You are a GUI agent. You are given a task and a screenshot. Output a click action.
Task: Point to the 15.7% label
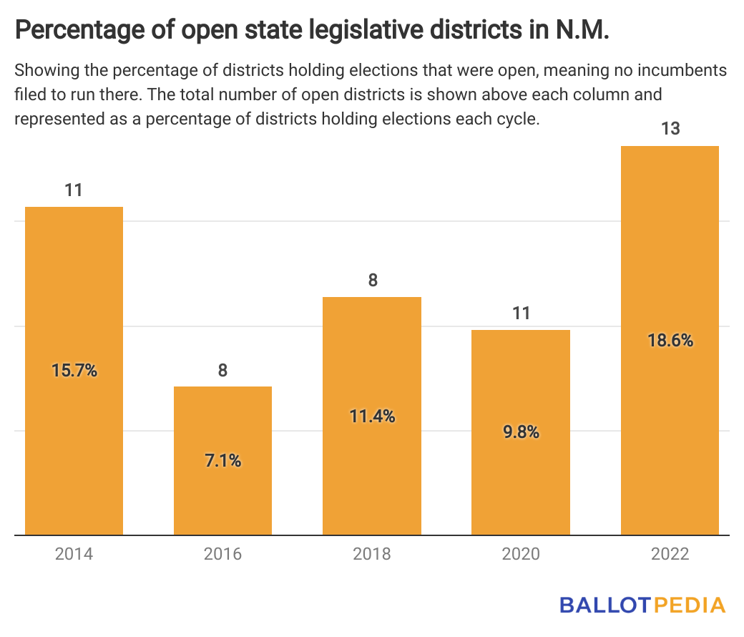click(x=74, y=371)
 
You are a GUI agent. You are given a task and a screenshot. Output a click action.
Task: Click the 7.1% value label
click(x=222, y=461)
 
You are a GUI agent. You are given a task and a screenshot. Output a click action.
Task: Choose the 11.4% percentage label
click(x=372, y=416)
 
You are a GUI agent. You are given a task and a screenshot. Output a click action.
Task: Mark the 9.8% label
click(x=521, y=432)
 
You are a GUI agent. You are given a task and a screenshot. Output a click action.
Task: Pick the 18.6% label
click(x=670, y=341)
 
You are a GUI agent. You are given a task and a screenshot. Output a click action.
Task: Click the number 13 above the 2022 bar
click(x=670, y=130)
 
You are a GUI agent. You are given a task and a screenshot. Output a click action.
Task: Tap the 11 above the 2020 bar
click(x=521, y=313)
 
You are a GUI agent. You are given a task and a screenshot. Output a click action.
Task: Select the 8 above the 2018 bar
click(x=372, y=281)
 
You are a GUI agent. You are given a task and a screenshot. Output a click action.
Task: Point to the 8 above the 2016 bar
click(x=222, y=370)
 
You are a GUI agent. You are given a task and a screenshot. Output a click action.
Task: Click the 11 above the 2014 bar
click(x=74, y=190)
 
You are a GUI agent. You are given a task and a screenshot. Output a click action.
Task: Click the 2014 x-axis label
click(x=74, y=555)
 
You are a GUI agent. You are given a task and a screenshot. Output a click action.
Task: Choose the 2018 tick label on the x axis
click(x=372, y=555)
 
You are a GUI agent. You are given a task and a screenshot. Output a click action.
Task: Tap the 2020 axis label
click(x=521, y=555)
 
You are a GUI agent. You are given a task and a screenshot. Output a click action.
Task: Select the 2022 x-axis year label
click(x=670, y=555)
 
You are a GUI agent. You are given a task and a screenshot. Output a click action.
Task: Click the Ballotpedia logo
click(x=642, y=605)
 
